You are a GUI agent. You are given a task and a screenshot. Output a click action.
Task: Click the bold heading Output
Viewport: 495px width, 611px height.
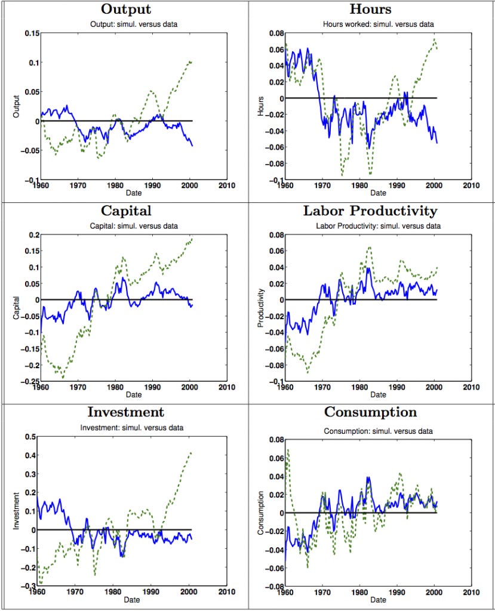tap(125, 10)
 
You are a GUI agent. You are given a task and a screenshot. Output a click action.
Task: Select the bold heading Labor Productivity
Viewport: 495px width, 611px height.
tap(370, 211)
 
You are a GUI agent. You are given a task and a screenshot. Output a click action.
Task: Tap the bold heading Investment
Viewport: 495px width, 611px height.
tap(125, 412)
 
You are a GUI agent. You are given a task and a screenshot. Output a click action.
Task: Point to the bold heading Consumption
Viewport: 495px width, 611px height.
tap(370, 412)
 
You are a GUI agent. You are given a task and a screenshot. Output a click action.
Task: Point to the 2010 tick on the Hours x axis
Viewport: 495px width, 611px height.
tap(472, 186)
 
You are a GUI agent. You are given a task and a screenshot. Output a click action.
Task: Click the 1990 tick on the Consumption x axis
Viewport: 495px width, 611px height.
tap(398, 593)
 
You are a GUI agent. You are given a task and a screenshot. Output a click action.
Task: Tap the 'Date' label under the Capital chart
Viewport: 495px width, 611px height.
tap(133, 394)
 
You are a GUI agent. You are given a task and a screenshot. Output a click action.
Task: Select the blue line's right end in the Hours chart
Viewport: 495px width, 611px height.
tap(437, 143)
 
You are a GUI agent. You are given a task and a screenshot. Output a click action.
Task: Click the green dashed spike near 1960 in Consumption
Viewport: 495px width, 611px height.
tap(287, 450)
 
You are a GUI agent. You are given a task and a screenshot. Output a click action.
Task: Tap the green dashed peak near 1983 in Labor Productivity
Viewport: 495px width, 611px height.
tap(370, 247)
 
